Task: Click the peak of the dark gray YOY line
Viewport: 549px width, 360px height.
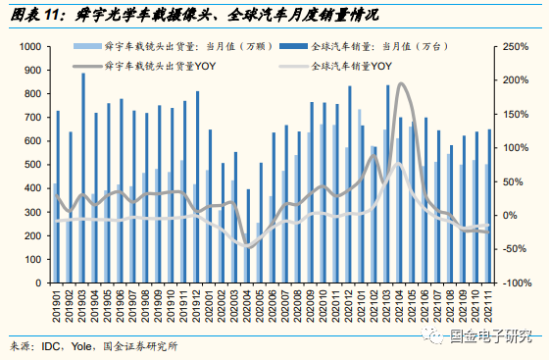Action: pos(403,85)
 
